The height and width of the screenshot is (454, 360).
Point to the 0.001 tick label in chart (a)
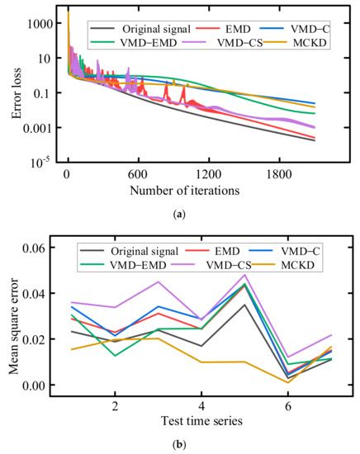(39, 128)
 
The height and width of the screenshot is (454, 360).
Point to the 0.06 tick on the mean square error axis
(42, 248)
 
